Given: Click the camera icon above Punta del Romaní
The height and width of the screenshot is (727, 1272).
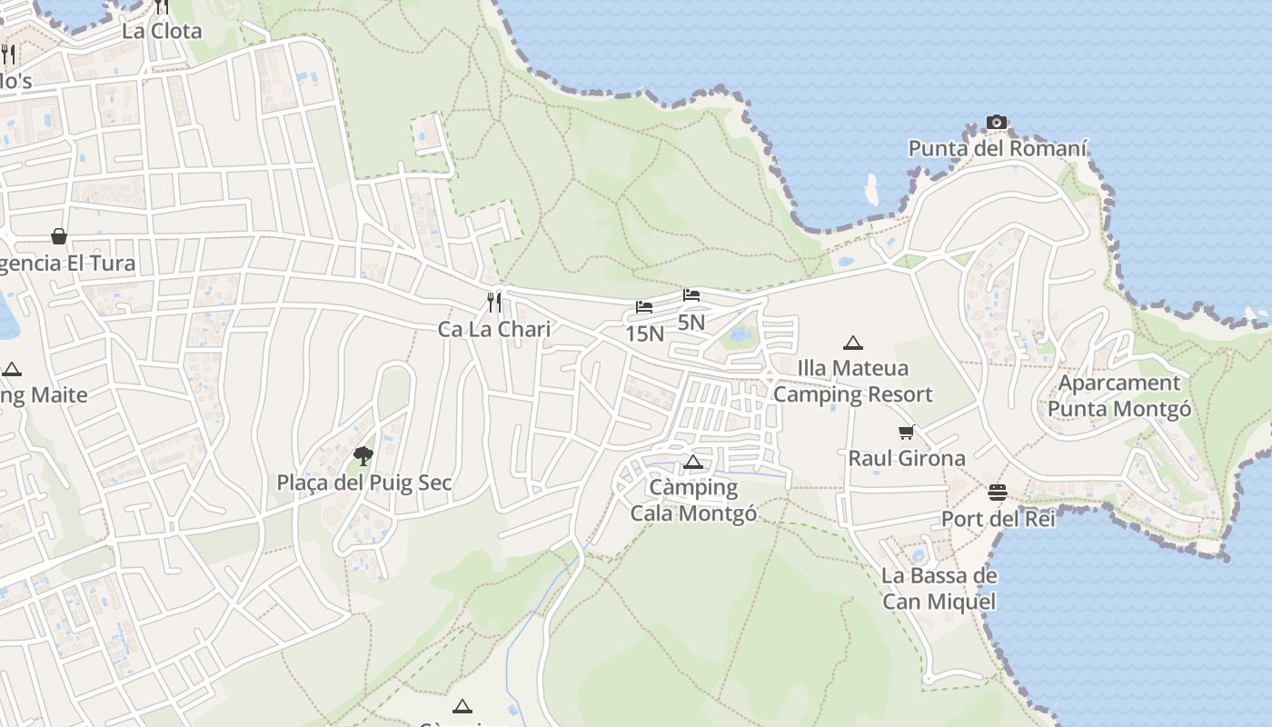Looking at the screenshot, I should pos(997,123).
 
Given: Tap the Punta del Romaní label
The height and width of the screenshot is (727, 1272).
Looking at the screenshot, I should pos(998,148).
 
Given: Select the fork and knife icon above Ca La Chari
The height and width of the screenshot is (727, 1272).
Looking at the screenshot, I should pos(494,303).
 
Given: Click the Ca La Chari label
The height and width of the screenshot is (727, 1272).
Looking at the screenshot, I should pos(494,329).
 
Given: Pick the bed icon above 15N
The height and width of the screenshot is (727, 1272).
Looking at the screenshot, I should pos(644,307).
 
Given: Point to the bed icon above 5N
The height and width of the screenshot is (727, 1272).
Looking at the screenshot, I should pos(691,295).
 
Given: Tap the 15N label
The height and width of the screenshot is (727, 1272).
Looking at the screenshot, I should pos(644,334).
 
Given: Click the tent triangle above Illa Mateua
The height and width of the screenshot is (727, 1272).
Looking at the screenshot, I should pos(852,343).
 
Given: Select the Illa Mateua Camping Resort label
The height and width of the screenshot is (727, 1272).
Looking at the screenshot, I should pos(852,381).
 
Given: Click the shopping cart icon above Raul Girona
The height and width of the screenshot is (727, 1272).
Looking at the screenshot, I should pos(906,433).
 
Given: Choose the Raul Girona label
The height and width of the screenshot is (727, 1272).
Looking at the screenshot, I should pos(906,458).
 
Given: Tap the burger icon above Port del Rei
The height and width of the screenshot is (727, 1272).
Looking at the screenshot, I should pos(998,493).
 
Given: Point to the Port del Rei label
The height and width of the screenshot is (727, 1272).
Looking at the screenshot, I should pos(998,519).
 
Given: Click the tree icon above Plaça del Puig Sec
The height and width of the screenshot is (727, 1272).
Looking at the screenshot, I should pos(363,455).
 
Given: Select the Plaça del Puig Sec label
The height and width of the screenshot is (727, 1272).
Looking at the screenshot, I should pos(363,483).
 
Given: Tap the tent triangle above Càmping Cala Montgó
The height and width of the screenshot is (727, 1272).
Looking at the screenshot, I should pos(693,462).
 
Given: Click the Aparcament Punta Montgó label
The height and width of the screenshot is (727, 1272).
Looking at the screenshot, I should pos(1119,395).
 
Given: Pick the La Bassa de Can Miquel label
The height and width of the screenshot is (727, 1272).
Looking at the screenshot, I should pos(939,588).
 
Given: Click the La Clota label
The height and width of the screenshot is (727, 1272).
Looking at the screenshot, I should pos(162,31).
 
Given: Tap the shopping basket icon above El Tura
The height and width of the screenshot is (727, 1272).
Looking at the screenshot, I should pos(59,236).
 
